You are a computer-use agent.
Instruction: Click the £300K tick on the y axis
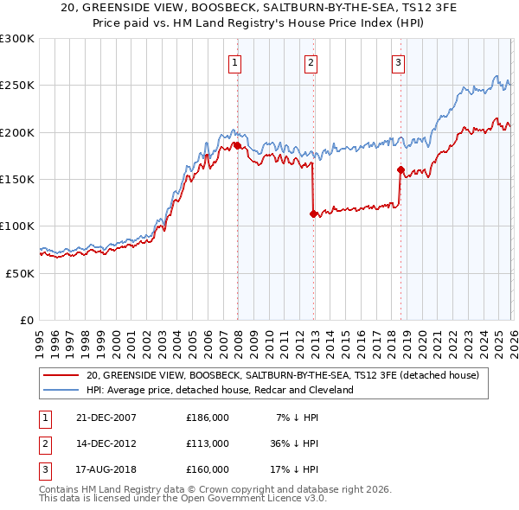(17, 39)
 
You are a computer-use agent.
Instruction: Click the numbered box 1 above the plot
(234, 62)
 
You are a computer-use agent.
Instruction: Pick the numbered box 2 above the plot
(311, 62)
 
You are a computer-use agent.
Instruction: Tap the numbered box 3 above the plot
(398, 62)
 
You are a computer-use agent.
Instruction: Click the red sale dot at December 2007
(237, 146)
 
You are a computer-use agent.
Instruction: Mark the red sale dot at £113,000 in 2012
(313, 214)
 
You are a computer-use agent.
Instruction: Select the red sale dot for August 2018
(400, 170)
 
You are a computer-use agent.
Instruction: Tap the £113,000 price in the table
(208, 443)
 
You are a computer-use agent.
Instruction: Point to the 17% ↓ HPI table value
(295, 469)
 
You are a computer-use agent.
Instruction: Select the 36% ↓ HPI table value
(295, 443)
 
